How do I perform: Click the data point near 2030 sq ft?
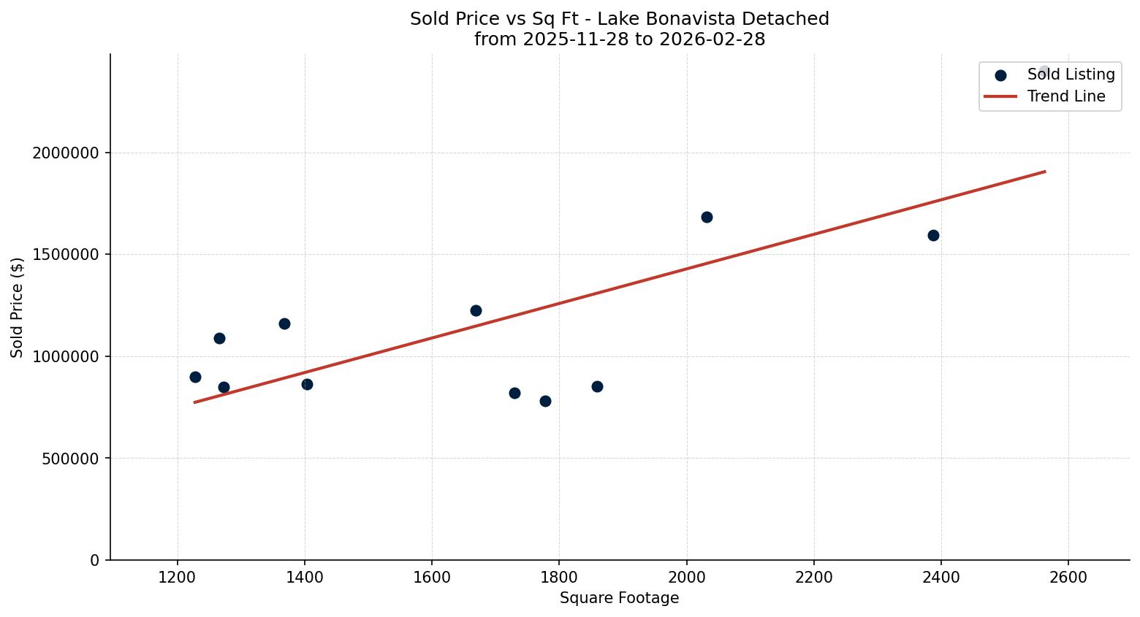pos(707,217)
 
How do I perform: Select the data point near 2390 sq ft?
pos(933,235)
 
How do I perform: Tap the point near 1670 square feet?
pos(476,310)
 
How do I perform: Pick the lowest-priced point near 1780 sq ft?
pos(545,401)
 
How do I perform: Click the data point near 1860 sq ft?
pos(597,386)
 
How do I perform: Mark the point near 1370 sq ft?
pos(284,323)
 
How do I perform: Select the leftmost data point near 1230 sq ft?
pos(195,377)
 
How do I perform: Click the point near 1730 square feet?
pos(514,393)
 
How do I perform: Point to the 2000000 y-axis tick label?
pos(65,153)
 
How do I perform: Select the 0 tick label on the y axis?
pos(94,560)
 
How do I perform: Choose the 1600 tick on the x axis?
pos(432,578)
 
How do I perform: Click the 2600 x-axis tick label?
pos(1068,578)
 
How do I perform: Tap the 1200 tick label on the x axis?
pos(178,578)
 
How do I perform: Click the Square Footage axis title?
pos(619,599)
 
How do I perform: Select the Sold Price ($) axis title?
pos(18,307)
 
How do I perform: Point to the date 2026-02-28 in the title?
pos(712,39)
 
